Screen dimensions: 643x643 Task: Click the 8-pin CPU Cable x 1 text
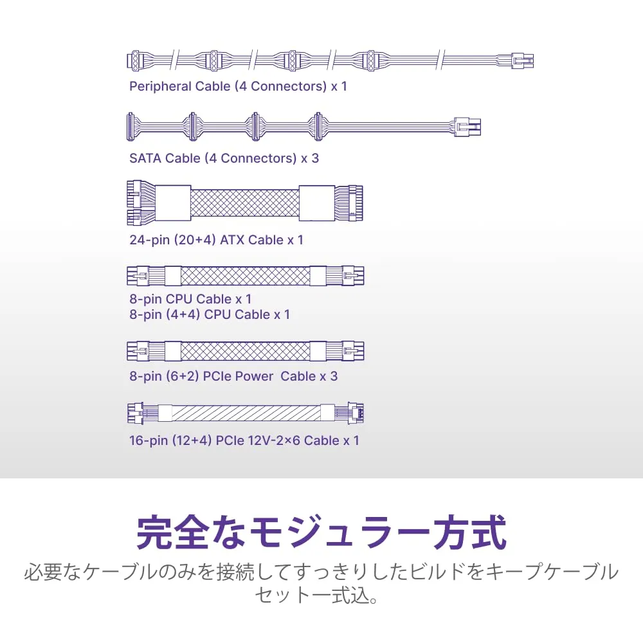click(x=190, y=299)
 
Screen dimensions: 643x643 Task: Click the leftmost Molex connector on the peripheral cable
click(x=134, y=60)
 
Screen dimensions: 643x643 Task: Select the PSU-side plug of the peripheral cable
click(x=521, y=62)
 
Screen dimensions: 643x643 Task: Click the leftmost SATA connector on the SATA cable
click(x=131, y=127)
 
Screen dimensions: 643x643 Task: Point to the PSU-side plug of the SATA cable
click(x=467, y=127)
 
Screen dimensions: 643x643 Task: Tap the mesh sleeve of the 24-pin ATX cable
click(x=245, y=203)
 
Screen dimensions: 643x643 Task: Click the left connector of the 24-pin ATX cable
click(x=141, y=203)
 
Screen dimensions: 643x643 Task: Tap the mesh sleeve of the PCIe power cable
click(x=245, y=352)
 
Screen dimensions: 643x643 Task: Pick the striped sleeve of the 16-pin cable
click(x=246, y=413)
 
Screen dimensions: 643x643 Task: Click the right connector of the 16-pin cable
click(x=356, y=413)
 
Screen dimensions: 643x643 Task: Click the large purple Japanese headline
click(x=321, y=532)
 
